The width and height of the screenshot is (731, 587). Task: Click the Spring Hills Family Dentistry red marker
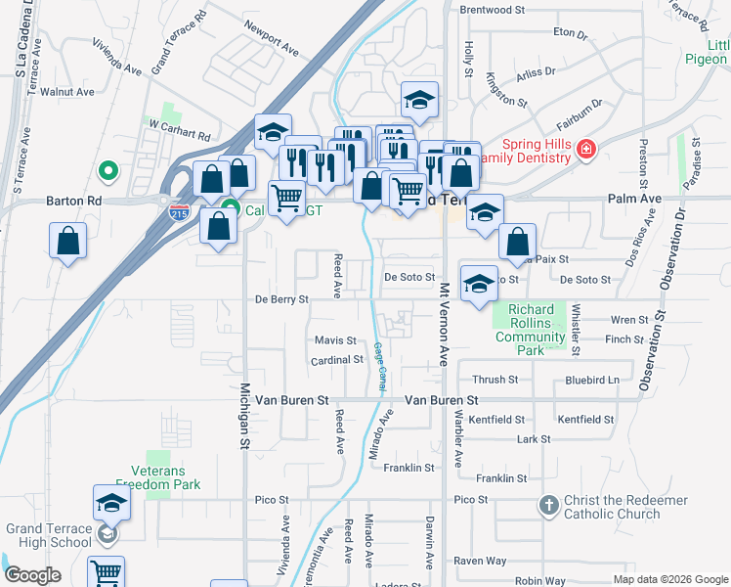[585, 150]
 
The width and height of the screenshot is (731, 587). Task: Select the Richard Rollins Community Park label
[531, 326]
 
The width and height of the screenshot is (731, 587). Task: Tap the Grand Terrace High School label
[49, 535]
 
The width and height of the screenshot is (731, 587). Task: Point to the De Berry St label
[281, 299]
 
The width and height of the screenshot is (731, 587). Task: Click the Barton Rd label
[74, 201]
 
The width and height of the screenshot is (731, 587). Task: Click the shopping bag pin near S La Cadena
[67, 242]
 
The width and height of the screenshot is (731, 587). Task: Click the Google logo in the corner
[32, 575]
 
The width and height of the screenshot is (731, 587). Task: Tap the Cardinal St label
[337, 360]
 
